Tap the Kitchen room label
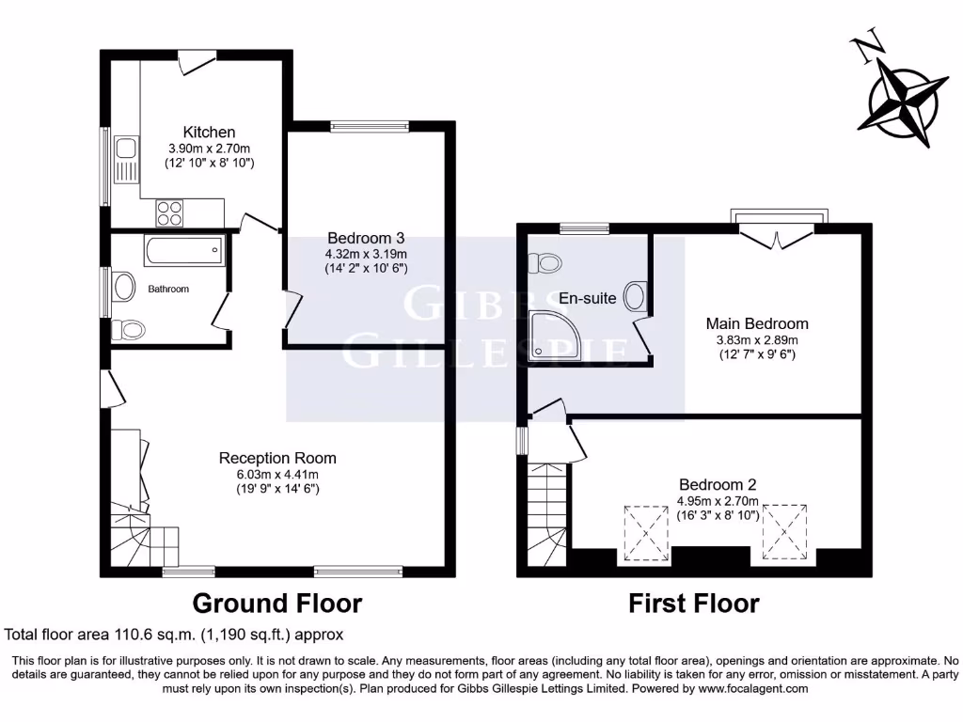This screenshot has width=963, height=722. tap(209, 132)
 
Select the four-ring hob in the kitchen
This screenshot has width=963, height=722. tap(169, 213)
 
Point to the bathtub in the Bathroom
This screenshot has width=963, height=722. tap(184, 251)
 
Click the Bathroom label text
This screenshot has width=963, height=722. tap(168, 289)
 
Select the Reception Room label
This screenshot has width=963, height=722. tap(277, 458)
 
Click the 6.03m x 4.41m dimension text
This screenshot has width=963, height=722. tap(277, 474)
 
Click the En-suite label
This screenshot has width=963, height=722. tap(588, 298)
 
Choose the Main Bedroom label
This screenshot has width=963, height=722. tap(757, 323)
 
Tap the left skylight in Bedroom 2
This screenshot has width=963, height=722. tap(644, 531)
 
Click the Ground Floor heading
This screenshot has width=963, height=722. tap(276, 603)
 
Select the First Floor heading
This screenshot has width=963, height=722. tap(694, 603)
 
